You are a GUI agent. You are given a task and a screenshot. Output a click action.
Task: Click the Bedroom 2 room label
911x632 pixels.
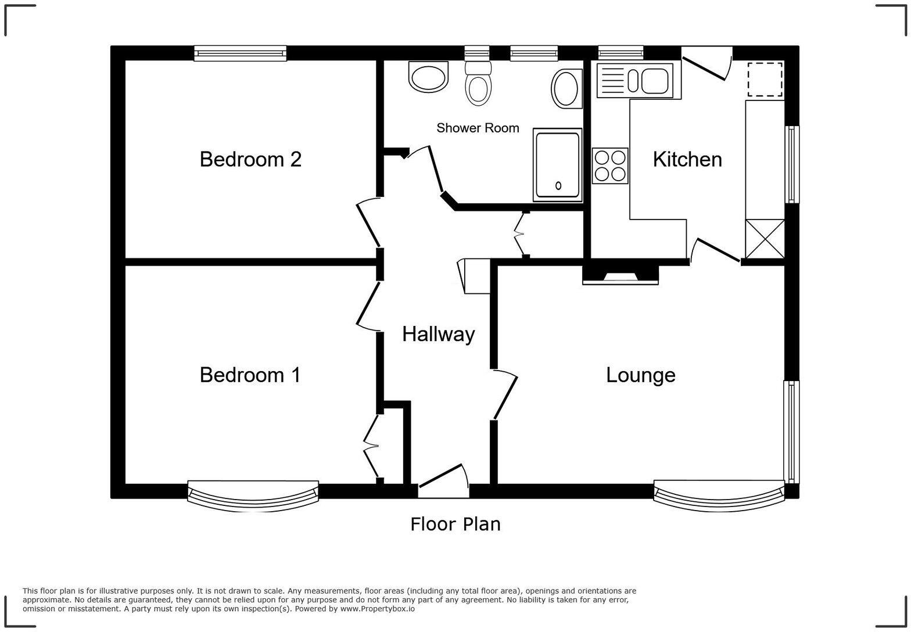(x=250, y=159)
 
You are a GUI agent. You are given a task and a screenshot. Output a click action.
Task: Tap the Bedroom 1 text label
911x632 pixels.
(x=250, y=375)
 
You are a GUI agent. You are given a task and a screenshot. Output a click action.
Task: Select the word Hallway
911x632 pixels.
(x=439, y=334)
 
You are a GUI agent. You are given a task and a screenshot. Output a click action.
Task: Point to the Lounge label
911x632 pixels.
(x=640, y=375)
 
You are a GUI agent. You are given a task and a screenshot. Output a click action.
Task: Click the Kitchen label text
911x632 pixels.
(x=687, y=159)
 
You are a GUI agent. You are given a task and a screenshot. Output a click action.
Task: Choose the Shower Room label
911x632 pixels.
(x=478, y=128)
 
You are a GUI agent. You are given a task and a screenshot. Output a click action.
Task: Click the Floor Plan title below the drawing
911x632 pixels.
(x=455, y=524)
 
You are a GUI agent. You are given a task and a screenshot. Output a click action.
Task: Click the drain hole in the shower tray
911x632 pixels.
(x=558, y=186)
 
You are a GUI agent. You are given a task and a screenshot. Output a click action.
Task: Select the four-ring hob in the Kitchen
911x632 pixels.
(x=610, y=166)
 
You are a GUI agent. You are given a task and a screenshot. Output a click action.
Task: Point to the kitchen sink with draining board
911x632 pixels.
(x=634, y=81)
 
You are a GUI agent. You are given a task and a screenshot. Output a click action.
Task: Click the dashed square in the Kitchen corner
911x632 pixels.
(x=765, y=79)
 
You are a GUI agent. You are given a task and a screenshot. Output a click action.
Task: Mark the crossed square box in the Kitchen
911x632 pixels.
(x=765, y=238)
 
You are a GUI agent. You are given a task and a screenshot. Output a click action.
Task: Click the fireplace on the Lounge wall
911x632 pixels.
(x=621, y=275)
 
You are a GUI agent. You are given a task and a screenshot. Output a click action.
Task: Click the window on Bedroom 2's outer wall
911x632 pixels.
(x=240, y=53)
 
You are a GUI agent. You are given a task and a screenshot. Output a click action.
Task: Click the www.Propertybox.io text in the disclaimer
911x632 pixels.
(x=377, y=609)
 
